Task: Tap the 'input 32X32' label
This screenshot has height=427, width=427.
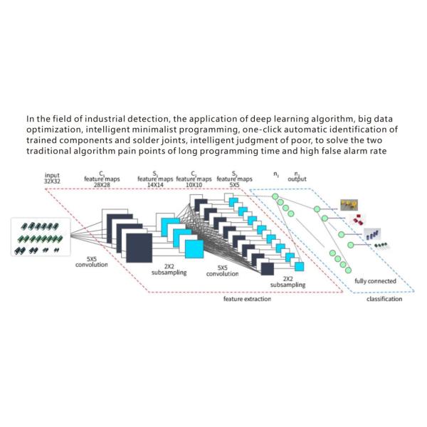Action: coord(52,178)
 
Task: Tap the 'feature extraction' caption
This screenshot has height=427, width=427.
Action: coord(241,299)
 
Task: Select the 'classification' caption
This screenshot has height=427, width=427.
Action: coord(384,299)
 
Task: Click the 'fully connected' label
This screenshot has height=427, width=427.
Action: coord(374,282)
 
